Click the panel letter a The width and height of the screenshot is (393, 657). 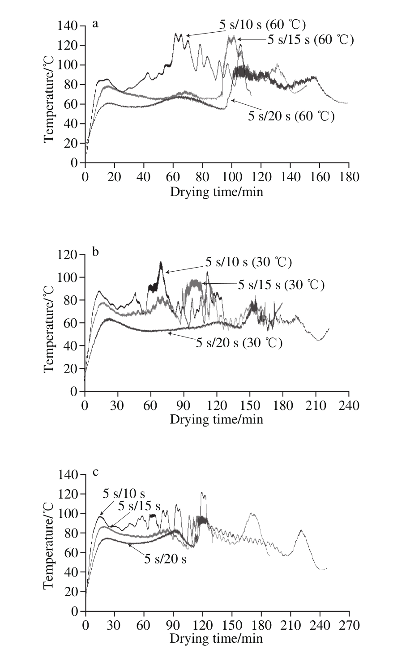[95, 24]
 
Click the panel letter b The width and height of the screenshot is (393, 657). [95, 252]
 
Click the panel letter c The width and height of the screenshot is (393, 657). [95, 471]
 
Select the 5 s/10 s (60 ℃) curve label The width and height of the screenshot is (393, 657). [262, 25]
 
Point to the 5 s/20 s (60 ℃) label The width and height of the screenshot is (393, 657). [291, 117]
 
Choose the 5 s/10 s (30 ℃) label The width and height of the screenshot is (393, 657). [248, 262]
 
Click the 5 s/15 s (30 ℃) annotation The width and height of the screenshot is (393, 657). [281, 284]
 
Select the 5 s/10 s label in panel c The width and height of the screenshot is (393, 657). [124, 494]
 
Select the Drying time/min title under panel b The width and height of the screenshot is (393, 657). [216, 419]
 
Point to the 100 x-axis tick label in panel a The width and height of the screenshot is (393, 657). [231, 177]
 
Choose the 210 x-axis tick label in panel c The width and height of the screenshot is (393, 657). [290, 625]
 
